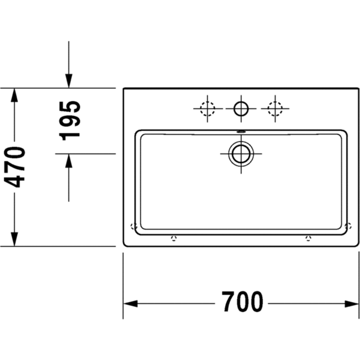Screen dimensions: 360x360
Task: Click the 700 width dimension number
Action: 242,301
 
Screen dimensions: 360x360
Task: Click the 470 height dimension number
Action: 15,167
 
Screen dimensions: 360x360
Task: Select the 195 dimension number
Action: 70,121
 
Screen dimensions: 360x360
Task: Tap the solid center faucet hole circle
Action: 241,109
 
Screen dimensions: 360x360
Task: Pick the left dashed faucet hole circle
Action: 207,109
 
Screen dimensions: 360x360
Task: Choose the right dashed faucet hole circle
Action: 275,109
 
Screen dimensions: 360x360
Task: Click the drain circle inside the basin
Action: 241,154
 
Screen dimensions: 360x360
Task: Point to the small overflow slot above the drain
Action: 241,132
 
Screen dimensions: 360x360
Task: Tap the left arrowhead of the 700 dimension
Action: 130,304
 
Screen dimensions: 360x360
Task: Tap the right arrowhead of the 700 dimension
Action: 352,304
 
